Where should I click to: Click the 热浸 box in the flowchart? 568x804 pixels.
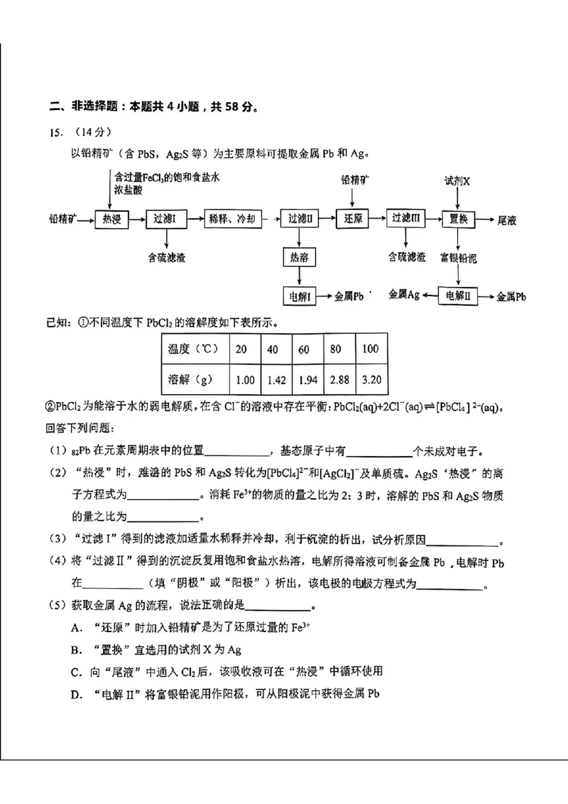(112, 219)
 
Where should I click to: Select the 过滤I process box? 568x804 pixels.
(169, 219)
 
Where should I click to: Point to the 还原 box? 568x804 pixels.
(354, 219)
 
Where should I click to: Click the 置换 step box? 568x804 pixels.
(458, 219)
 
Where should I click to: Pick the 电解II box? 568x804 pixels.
(458, 295)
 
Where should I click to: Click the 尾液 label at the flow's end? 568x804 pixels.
(507, 220)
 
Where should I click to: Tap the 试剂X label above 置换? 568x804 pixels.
(457, 181)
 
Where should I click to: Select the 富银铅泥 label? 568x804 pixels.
(458, 257)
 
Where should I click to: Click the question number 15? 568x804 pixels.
(53, 132)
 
